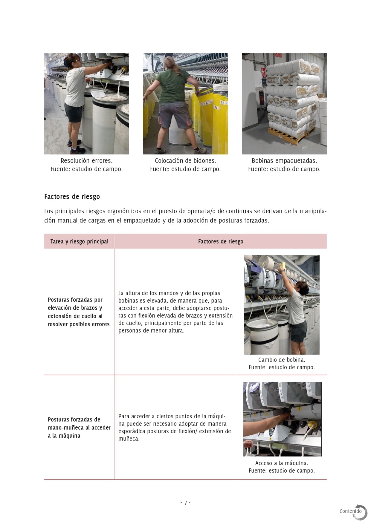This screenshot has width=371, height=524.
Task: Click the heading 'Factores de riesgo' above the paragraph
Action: coord(72,197)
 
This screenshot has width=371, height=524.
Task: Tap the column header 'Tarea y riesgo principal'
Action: coord(79,241)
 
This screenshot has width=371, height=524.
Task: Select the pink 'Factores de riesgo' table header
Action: coord(221,241)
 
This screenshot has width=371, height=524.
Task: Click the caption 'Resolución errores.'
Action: coord(86,161)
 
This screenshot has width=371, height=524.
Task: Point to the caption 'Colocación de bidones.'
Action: coord(185,161)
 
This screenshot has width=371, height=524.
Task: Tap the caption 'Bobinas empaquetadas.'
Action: coord(284,161)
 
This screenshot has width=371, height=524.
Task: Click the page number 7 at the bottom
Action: coord(185,503)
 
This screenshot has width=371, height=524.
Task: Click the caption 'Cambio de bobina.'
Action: coord(282,360)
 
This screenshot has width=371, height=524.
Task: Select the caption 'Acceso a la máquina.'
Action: coord(282,463)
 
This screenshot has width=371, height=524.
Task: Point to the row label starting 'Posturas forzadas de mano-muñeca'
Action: coord(79,428)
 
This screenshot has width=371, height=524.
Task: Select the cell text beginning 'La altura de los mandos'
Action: coord(175,312)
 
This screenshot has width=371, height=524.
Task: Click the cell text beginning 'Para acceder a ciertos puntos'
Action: coord(175,427)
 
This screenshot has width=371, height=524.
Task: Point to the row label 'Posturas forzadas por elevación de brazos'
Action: coord(79,312)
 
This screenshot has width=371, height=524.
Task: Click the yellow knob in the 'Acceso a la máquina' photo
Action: coord(312,424)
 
